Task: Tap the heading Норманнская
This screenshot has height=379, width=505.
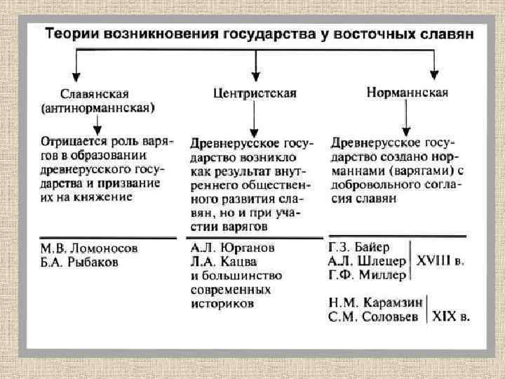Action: click(408, 92)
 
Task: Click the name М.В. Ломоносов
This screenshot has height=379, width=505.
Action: click(89, 248)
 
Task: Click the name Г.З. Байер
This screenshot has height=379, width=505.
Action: click(358, 248)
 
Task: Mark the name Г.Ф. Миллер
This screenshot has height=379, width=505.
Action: click(366, 275)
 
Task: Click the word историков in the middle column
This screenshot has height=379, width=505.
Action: click(222, 304)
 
